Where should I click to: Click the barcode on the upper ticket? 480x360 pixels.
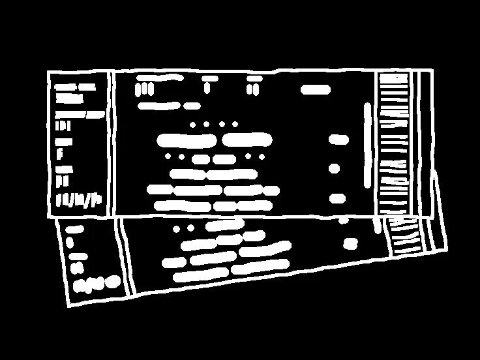[393, 143]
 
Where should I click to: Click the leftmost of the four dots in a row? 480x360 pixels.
[193, 124]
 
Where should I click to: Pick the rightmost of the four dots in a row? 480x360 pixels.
[235, 124]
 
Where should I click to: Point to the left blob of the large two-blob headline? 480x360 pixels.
[187, 140]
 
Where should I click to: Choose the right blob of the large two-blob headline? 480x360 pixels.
[247, 140]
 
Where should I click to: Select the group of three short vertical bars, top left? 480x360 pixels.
[144, 89]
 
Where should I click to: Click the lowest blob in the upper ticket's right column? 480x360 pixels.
[337, 198]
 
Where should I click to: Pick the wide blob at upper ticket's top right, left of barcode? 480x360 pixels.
[316, 90]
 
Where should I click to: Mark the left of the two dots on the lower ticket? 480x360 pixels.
[176, 229]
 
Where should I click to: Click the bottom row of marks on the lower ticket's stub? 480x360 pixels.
[97, 284]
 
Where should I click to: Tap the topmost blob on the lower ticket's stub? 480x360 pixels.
[74, 230]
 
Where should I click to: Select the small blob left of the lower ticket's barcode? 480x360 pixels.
[352, 244]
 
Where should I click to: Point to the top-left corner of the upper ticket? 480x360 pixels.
[49, 72]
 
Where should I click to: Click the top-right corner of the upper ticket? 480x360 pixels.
[432, 70]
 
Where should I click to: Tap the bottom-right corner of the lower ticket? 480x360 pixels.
[447, 250]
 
